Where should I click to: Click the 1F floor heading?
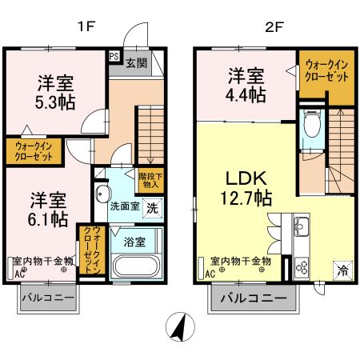click(86, 26)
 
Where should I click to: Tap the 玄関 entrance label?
click(135, 62)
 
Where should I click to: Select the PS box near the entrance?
click(114, 57)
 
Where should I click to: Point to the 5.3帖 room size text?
click(55, 103)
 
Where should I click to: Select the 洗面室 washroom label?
click(124, 206)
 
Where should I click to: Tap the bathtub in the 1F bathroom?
click(136, 266)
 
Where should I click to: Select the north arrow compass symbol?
click(180, 326)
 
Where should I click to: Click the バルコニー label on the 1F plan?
click(70, 298)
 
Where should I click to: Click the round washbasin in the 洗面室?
click(102, 194)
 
